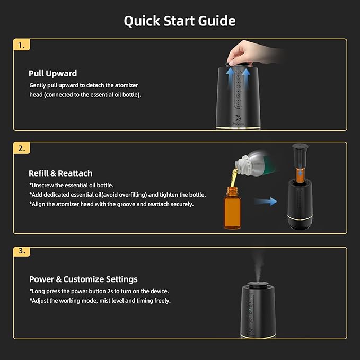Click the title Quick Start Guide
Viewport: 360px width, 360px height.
[x=180, y=21]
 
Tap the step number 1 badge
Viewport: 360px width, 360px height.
[x=21, y=46]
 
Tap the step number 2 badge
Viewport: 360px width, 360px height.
[x=21, y=148]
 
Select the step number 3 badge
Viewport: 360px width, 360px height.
[x=21, y=251]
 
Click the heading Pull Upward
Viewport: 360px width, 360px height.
[x=52, y=74]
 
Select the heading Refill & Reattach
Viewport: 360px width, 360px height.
[x=60, y=173]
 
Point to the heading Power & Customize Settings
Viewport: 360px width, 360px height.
[x=83, y=279]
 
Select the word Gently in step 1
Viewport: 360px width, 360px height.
[x=39, y=85]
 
